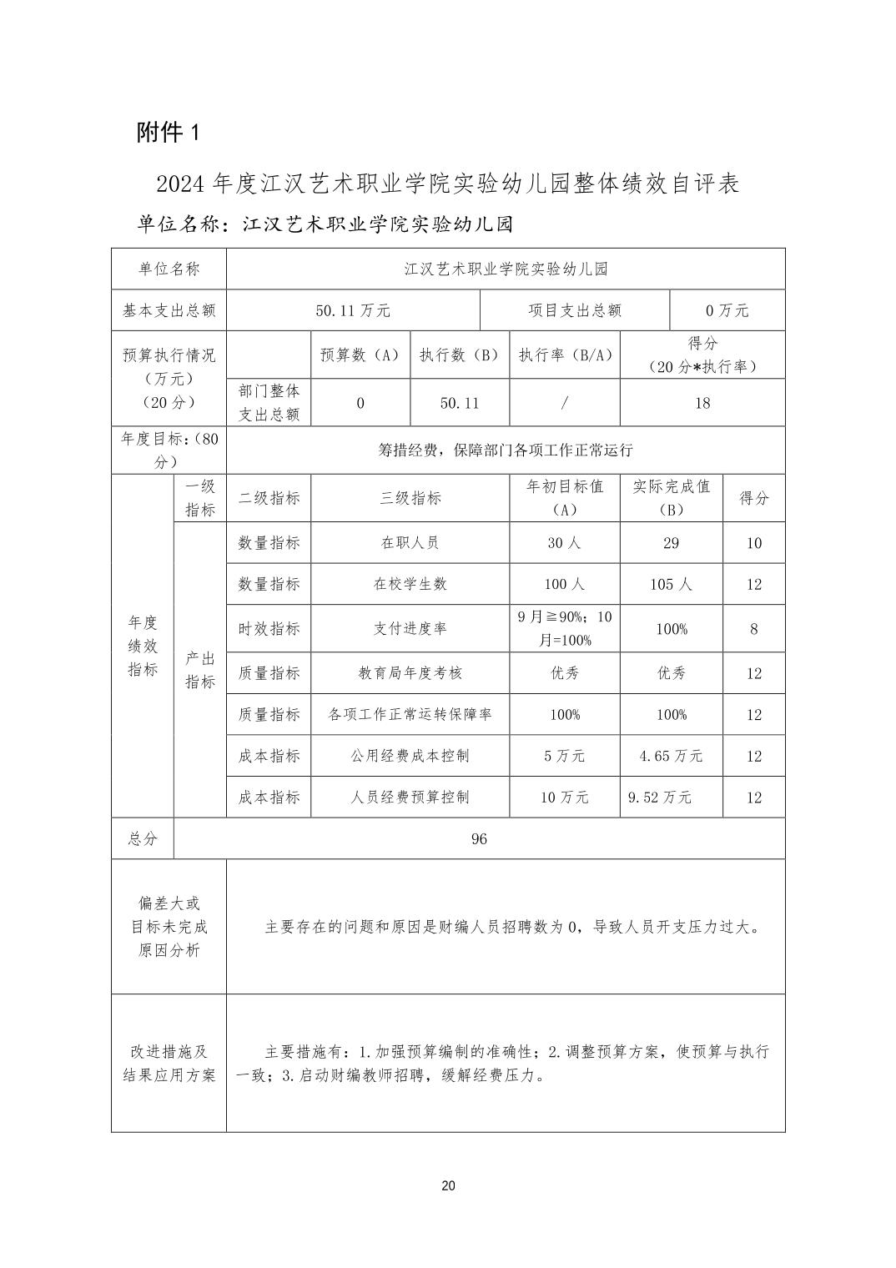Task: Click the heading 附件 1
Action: pos(169,132)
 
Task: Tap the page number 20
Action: pos(448,1186)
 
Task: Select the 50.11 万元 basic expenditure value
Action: pos(353,310)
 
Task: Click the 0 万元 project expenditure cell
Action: pos(727,310)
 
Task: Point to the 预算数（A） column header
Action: pos(360,355)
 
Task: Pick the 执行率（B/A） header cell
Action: pos(565,355)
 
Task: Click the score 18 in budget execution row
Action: pos(702,403)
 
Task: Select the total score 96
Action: pos(479,838)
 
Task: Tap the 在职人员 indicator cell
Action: pos(410,543)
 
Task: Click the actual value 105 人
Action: pos(671,584)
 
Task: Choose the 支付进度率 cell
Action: pos(410,628)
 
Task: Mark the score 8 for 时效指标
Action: pos(753,629)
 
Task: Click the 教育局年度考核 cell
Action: pos(410,673)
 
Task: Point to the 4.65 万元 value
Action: pos(671,756)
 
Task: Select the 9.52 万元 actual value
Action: pos(660,797)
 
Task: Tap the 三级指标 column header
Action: pos(410,498)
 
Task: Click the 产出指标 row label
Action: pos(199,670)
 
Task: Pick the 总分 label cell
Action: pos(143,838)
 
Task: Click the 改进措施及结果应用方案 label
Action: pos(169,1063)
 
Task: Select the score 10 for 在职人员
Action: pos(753,543)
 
